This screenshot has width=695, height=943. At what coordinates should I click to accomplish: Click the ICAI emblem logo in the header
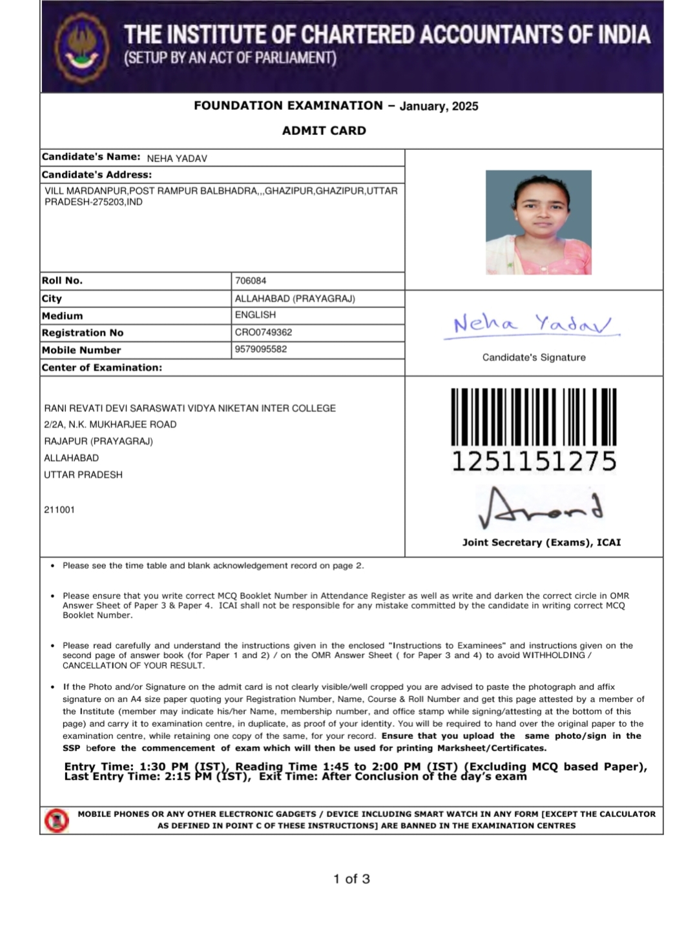(x=81, y=47)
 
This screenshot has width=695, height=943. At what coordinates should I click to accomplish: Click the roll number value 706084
(x=251, y=281)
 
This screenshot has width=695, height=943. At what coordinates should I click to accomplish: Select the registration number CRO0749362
(x=264, y=333)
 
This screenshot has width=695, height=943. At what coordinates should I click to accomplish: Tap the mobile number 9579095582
(x=261, y=349)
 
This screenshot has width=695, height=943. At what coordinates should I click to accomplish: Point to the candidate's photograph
(x=538, y=222)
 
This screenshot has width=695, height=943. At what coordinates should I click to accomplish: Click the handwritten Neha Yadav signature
(x=532, y=324)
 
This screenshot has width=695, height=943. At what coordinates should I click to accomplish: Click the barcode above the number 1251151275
(x=534, y=416)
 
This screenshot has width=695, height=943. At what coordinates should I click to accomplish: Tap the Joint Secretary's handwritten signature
(x=539, y=508)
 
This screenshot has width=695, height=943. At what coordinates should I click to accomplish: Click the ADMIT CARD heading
(x=324, y=130)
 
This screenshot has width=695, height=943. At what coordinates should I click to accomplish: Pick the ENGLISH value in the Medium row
(x=255, y=315)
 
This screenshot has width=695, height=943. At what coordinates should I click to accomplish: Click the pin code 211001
(x=59, y=510)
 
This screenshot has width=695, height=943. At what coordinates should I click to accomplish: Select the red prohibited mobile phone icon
(x=57, y=820)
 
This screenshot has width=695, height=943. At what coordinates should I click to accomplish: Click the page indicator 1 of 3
(x=351, y=879)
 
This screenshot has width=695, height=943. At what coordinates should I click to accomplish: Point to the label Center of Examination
(x=102, y=368)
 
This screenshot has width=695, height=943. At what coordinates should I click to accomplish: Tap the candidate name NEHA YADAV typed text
(x=177, y=158)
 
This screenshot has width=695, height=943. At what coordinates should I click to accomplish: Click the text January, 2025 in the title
(x=439, y=107)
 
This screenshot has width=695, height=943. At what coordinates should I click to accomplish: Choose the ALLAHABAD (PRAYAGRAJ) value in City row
(x=295, y=298)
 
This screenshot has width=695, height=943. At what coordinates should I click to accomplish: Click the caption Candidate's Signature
(x=534, y=357)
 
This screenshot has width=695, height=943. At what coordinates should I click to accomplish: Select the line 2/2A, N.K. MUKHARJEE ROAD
(x=110, y=424)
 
